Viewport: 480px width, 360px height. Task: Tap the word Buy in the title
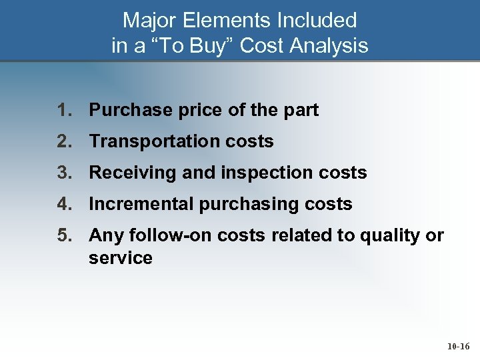tap(208, 46)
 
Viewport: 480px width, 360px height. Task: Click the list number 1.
tap(64, 111)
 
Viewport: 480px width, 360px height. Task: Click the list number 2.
tap(64, 141)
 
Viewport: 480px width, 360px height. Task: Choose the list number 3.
tap(64, 173)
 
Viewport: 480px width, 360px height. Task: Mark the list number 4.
tap(64, 204)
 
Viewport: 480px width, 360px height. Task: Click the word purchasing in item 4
tap(239, 204)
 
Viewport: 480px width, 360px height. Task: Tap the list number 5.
tap(64, 235)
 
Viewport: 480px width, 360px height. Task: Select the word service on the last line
tap(121, 258)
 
